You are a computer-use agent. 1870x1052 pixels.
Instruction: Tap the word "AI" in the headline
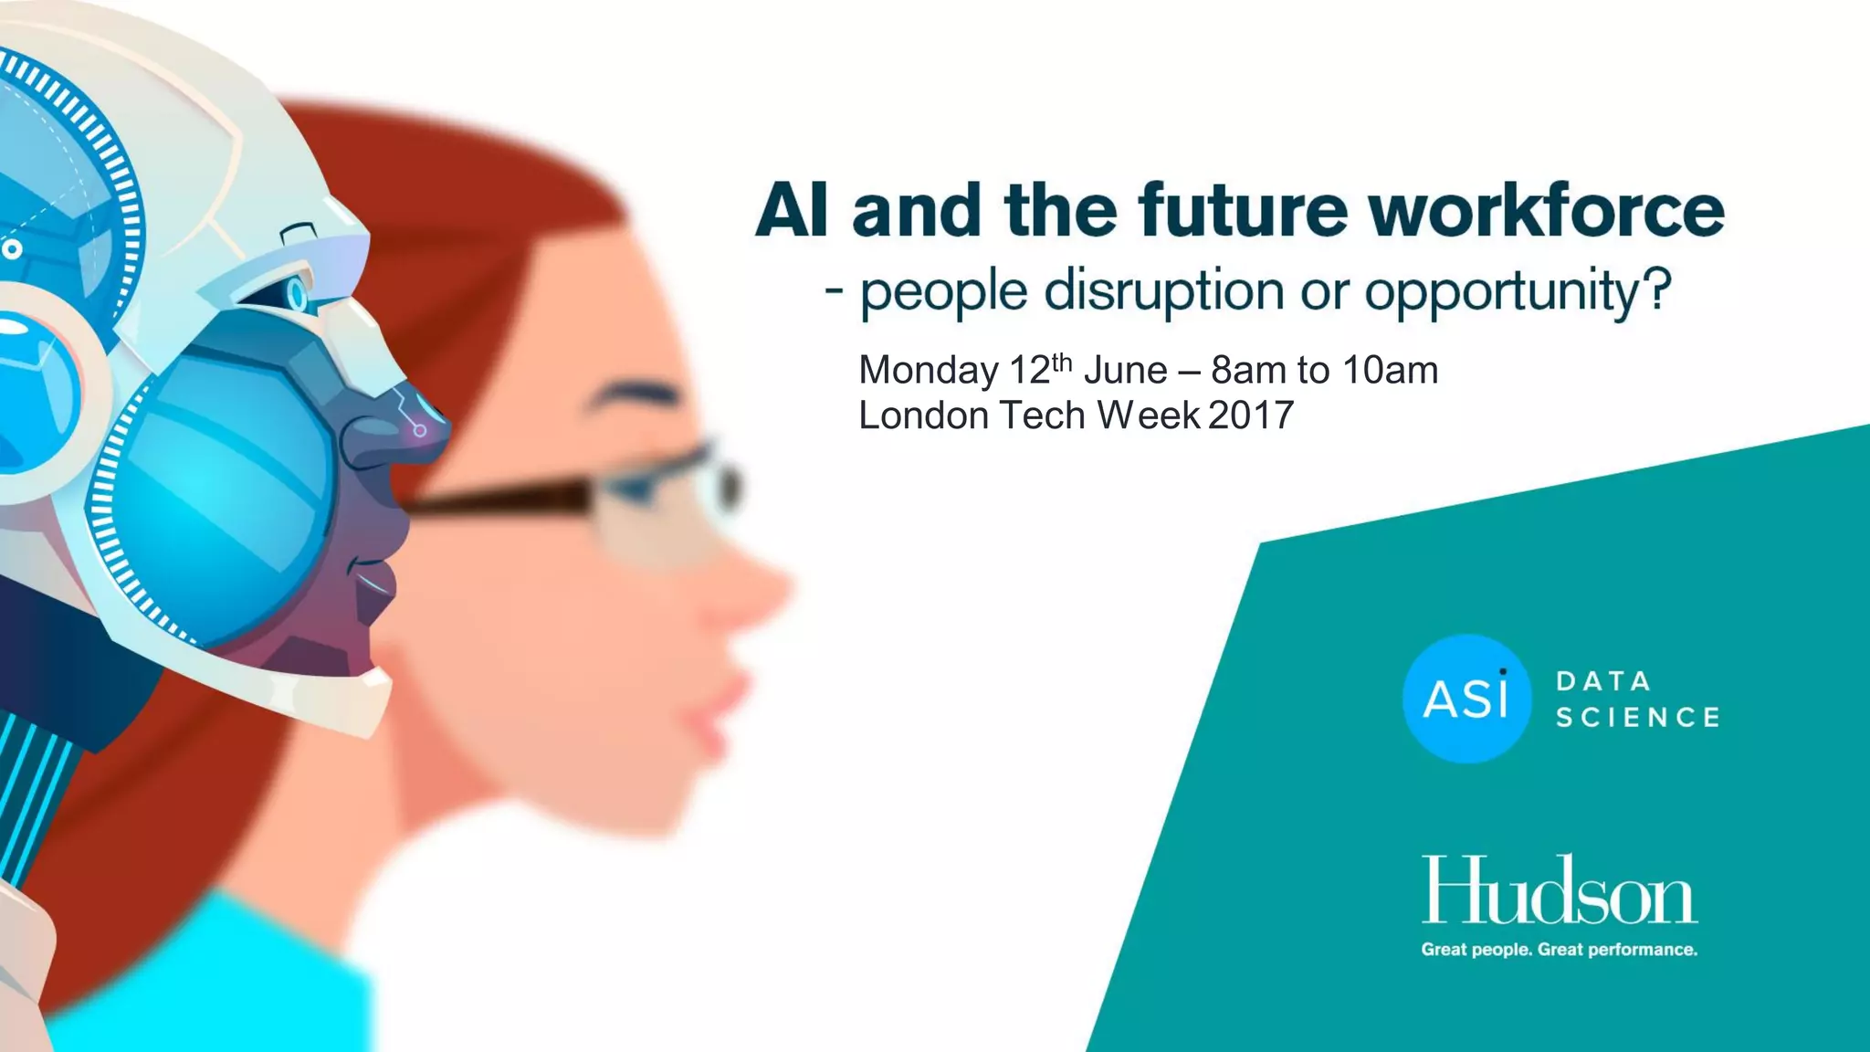792,211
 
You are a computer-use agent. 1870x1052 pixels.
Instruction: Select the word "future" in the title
1243,211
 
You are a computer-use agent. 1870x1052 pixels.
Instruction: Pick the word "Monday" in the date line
929,371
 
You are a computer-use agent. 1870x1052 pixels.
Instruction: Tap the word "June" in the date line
1125,371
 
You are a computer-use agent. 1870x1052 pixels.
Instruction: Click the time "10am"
1390,371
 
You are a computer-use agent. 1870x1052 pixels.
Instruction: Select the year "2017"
1250,416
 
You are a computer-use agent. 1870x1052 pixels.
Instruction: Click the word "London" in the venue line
924,416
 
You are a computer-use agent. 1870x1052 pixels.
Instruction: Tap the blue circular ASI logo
1466,699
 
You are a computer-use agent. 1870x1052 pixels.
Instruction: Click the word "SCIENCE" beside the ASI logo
1638,718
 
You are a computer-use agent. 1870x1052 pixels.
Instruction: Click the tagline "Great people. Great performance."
1559,950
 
